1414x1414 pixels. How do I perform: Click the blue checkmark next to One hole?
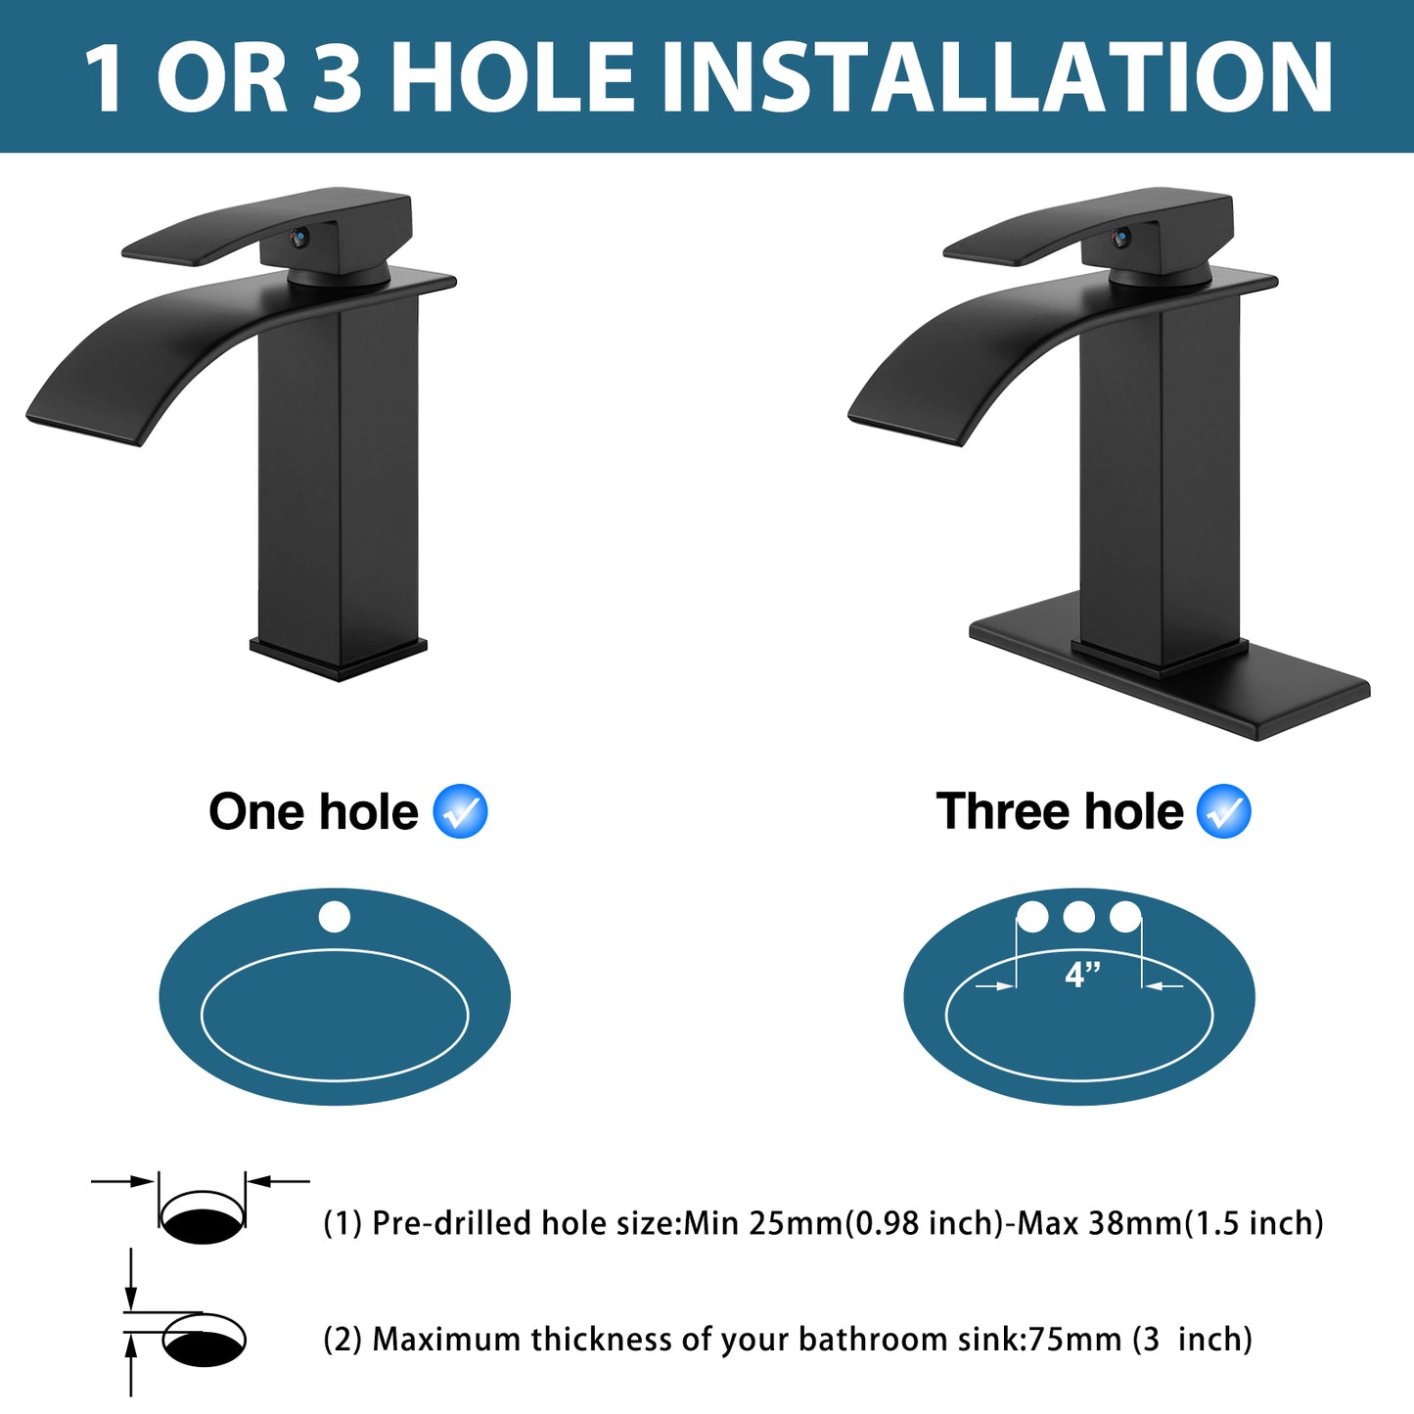click(x=460, y=811)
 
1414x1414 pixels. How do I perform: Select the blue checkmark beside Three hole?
click(x=1224, y=811)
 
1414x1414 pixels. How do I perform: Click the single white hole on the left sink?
click(x=335, y=917)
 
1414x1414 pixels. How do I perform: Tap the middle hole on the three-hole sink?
click(x=1078, y=917)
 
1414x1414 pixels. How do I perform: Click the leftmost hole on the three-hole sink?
click(x=1032, y=917)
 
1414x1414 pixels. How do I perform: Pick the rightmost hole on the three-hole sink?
click(x=1125, y=917)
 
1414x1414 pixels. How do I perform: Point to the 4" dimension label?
click(x=1082, y=975)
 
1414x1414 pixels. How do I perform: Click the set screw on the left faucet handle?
click(x=300, y=236)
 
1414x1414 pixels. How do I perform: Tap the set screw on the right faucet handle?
click(x=1121, y=236)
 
